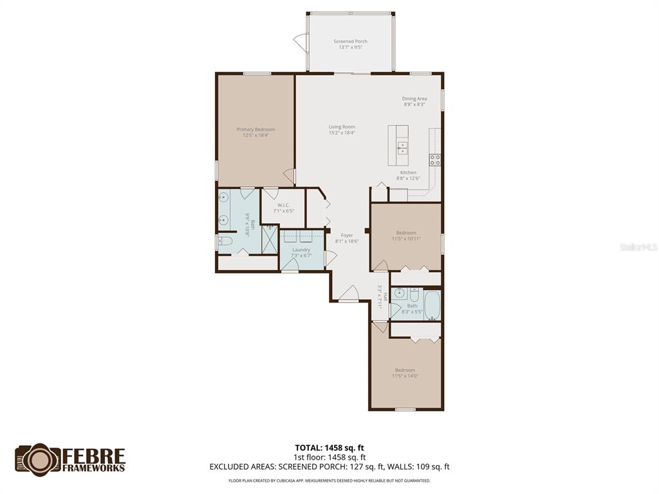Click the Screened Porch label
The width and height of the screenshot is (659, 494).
[x=350, y=41]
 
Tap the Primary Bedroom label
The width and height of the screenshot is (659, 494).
[x=255, y=129]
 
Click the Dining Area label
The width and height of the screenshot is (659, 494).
[x=414, y=98]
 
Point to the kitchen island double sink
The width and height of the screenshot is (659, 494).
[x=402, y=148]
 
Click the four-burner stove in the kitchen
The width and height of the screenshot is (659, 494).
[x=435, y=160]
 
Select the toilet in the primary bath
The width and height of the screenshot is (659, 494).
[x=225, y=241]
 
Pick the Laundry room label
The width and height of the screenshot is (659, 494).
[x=301, y=250]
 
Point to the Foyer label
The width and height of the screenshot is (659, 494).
[x=347, y=235]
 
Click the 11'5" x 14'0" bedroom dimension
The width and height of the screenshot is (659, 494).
[x=405, y=376]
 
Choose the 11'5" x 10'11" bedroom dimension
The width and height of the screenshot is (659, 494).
[x=406, y=239]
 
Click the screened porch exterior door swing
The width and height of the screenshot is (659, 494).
[x=301, y=42]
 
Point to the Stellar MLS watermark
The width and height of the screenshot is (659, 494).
[x=638, y=247]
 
